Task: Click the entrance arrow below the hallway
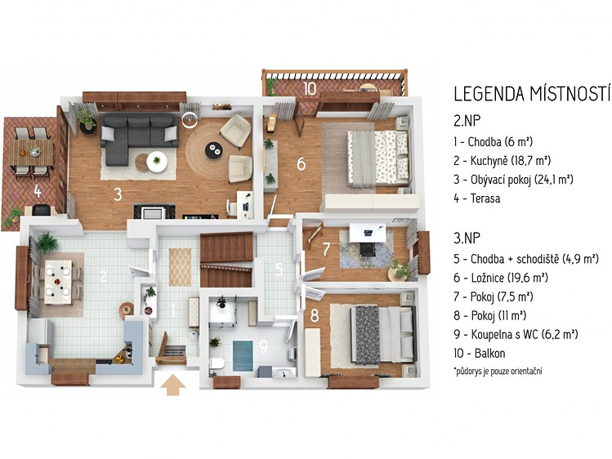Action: click(173, 385)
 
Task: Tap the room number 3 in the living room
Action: click(118, 194)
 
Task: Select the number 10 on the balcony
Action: click(309, 89)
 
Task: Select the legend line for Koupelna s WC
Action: click(516, 334)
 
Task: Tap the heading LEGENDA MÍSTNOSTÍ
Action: click(533, 94)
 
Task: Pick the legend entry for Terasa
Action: click(477, 198)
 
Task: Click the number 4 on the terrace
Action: click(37, 191)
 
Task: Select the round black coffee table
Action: click(214, 148)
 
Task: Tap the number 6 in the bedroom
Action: click(301, 164)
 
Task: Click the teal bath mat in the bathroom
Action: click(243, 355)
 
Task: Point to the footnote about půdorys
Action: click(498, 371)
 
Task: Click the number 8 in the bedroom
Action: click(315, 316)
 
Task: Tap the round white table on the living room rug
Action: click(157, 162)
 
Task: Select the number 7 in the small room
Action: click(326, 250)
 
